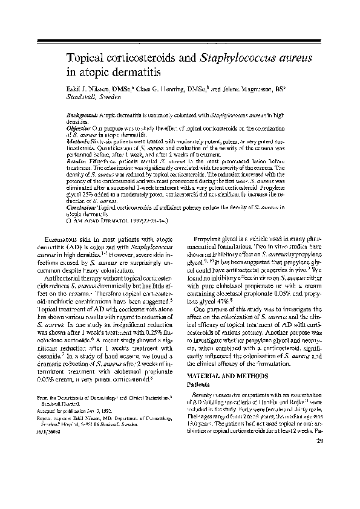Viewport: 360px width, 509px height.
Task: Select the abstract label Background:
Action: (x=82, y=114)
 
